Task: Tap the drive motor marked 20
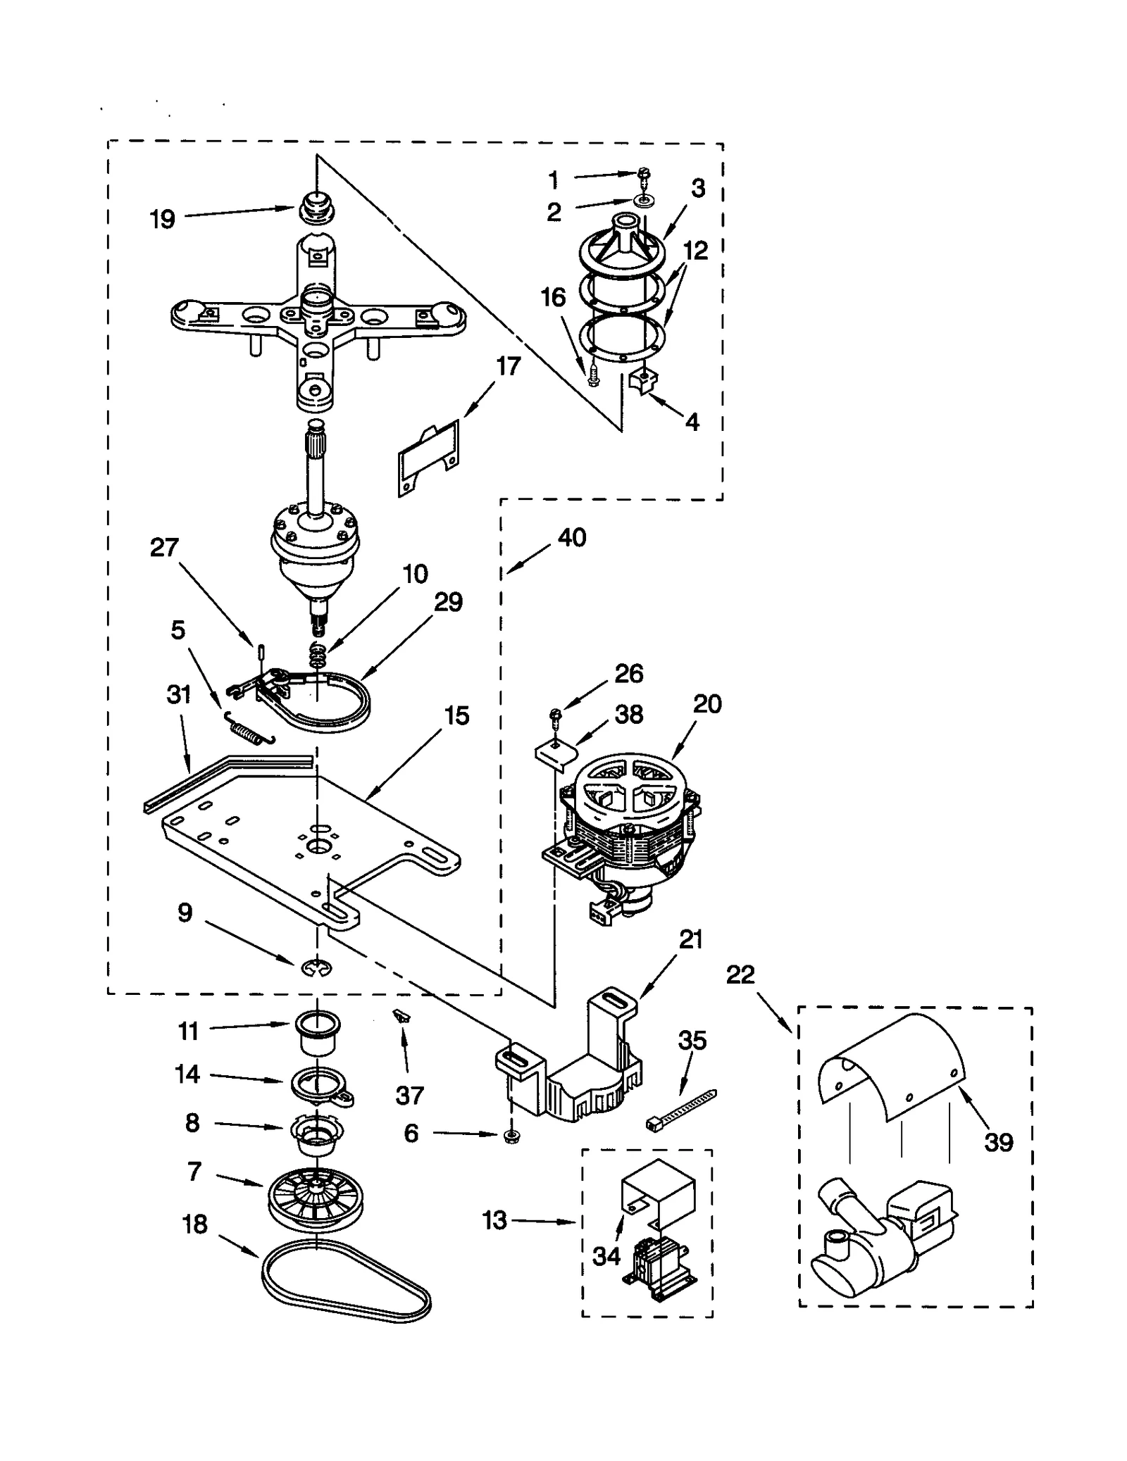coord(629,810)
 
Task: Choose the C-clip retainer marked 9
coord(317,970)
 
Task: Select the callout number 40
coord(572,537)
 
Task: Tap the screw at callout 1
coord(643,174)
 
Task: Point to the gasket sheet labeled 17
coord(428,458)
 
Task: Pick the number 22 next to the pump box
coord(740,974)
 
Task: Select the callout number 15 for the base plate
coord(456,716)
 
